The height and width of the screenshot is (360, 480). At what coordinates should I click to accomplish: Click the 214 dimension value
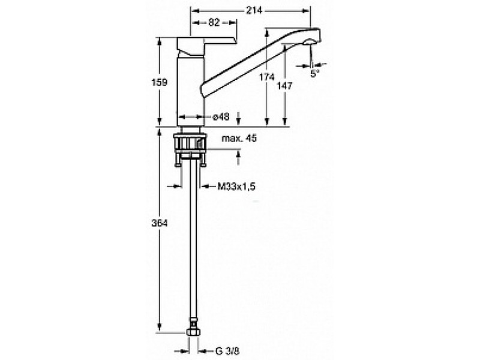(x=254, y=10)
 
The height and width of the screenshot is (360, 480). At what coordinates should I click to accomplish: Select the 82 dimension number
(x=214, y=22)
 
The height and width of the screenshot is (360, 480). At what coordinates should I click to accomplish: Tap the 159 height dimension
(x=160, y=82)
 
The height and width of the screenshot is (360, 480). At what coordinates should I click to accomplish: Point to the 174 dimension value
(x=267, y=77)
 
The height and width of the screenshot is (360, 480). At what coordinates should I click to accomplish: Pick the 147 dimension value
(x=284, y=86)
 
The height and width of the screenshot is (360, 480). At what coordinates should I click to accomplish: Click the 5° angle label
(x=314, y=73)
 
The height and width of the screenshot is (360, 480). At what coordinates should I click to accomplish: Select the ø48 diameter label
(x=221, y=116)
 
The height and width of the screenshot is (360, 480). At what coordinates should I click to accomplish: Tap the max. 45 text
(x=239, y=139)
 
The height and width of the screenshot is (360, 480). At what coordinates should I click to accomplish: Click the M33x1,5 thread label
(x=236, y=186)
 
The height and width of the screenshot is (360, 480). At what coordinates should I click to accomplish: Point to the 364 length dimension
(x=160, y=223)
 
